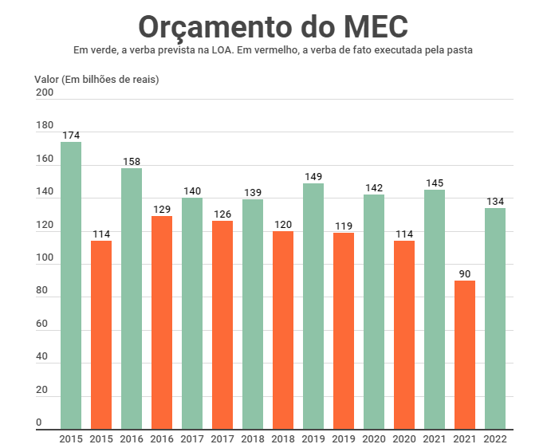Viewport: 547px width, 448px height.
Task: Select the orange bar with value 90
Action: (465, 355)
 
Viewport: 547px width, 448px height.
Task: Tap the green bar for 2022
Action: (495, 319)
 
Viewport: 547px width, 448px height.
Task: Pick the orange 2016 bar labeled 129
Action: (162, 323)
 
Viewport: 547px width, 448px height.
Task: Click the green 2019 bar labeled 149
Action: (313, 306)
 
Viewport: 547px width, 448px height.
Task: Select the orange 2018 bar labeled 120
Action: (283, 330)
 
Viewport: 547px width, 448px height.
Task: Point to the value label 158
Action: (132, 162)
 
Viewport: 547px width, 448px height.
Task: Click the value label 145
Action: (435, 183)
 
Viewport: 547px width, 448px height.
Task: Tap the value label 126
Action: (222, 214)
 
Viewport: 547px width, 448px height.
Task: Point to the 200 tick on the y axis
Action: (45, 93)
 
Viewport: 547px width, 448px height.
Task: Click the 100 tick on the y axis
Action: (45, 259)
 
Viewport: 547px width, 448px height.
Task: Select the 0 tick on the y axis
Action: (39, 422)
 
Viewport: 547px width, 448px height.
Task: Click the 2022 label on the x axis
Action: (495, 438)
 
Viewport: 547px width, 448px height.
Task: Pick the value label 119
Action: (344, 226)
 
